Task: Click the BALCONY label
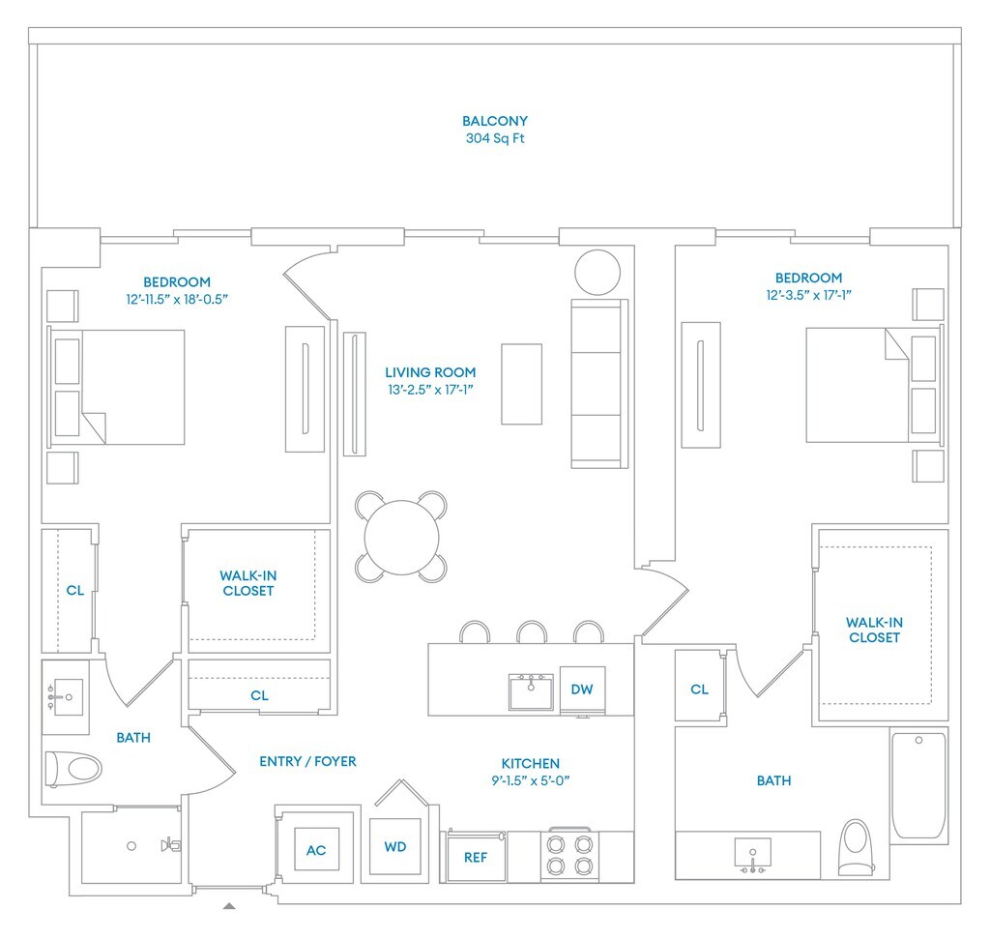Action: coord(494,121)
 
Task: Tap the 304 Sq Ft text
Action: coord(494,138)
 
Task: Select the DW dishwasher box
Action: coord(581,690)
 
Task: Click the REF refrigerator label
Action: coord(476,857)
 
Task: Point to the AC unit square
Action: coord(316,850)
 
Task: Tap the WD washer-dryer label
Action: coord(395,847)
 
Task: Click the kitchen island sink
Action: coord(532,691)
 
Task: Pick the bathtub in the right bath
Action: coord(918,784)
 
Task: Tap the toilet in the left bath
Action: coord(73,770)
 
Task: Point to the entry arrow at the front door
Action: coord(229,906)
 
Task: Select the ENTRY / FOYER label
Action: coord(307,761)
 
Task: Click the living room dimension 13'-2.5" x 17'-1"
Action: coord(430,389)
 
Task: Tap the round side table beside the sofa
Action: coord(597,272)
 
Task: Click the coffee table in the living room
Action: coord(521,384)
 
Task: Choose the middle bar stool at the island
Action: coord(531,632)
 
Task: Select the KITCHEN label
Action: coord(530,763)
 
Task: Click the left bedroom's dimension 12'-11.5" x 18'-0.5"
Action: coord(177,299)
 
